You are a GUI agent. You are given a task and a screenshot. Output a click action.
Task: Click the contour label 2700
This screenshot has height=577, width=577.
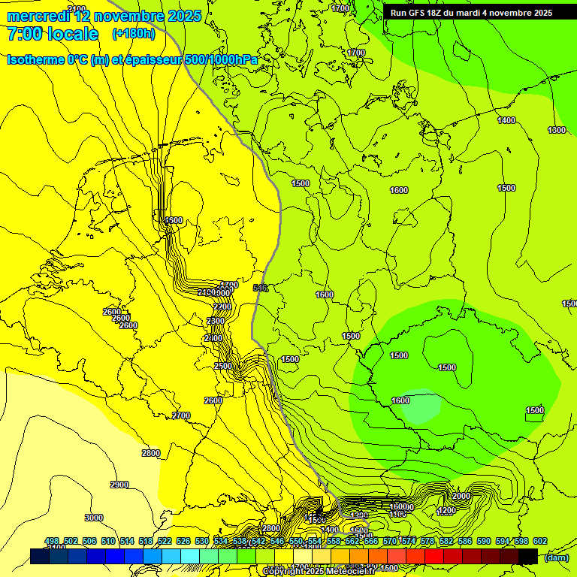181,415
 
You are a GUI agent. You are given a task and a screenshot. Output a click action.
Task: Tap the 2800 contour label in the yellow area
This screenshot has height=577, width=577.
151,453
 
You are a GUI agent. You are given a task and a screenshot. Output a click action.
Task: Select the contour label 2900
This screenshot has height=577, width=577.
119,485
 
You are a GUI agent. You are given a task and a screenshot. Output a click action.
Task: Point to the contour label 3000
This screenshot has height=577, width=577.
94,518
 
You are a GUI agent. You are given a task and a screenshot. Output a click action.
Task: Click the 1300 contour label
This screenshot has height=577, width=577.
557,131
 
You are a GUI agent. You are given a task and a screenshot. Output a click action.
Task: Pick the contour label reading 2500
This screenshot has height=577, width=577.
223,366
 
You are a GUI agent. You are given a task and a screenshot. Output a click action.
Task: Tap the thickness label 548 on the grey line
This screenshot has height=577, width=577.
261,288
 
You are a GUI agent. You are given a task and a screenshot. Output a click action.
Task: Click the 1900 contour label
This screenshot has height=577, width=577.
174,220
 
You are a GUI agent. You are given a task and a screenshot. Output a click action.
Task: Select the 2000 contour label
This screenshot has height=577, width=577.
461,496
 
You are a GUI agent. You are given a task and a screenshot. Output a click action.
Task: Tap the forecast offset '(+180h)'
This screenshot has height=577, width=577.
133,34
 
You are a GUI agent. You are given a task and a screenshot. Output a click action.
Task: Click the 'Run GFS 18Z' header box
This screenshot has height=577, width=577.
471,13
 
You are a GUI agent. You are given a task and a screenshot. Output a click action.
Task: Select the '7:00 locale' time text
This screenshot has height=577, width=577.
53,34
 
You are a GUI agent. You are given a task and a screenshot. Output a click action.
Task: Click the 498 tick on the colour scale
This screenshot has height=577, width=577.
52,541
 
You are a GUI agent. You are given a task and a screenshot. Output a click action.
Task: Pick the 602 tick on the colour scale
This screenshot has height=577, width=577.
540,541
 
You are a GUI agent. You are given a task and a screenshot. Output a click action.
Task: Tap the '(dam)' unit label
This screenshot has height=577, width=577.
556,557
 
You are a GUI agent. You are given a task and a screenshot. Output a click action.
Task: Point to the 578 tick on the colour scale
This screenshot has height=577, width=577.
427,541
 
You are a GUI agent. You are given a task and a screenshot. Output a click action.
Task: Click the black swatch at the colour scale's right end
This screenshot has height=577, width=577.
527,556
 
